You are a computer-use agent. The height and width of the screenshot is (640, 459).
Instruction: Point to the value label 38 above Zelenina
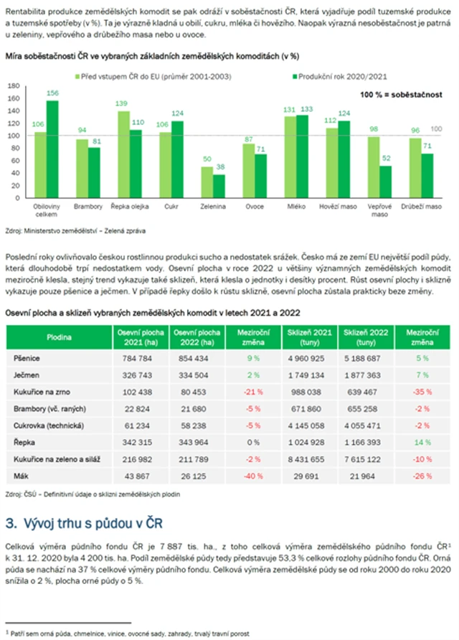click(x=219, y=166)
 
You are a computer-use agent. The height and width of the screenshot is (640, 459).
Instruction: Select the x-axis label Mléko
click(x=295, y=206)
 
